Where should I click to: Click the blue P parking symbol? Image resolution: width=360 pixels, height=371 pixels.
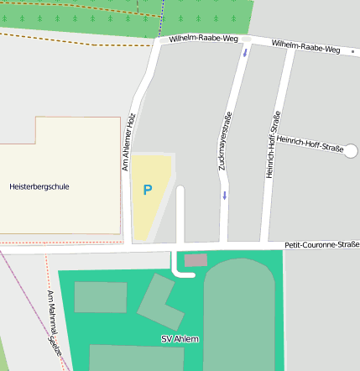point(148,191)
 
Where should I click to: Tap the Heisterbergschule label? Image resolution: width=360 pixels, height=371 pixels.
point(39,185)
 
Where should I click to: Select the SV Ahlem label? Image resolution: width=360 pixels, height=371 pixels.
point(180,339)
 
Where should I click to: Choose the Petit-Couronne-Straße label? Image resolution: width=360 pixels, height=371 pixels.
point(321,245)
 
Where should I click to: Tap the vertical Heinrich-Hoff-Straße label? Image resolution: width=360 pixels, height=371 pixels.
point(271,144)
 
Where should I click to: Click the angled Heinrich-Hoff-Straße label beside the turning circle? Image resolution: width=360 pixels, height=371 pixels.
point(310,144)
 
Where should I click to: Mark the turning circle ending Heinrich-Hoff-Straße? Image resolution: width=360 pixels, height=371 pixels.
point(351,151)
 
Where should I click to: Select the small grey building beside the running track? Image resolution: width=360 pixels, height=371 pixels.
point(196,260)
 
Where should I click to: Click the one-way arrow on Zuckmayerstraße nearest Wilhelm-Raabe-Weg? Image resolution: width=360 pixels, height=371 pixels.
point(245,54)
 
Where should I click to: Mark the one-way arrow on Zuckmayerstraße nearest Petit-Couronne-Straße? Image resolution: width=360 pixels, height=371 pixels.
point(225,196)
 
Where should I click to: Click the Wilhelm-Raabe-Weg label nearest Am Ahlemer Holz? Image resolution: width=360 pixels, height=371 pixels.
point(197,39)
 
